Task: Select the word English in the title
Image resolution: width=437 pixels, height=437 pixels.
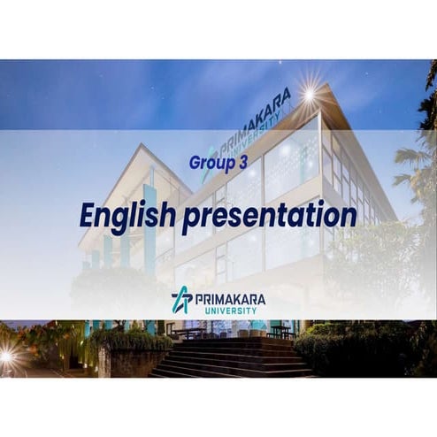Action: tap(127, 215)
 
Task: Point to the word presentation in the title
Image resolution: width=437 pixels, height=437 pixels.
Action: tap(269, 215)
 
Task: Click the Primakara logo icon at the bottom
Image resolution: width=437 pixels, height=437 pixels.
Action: tap(181, 300)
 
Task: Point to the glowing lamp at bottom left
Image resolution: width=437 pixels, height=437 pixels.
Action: tap(7, 356)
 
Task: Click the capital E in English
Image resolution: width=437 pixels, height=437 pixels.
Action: tap(88, 214)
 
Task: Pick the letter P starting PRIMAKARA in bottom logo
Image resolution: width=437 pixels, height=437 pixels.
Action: tap(200, 297)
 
